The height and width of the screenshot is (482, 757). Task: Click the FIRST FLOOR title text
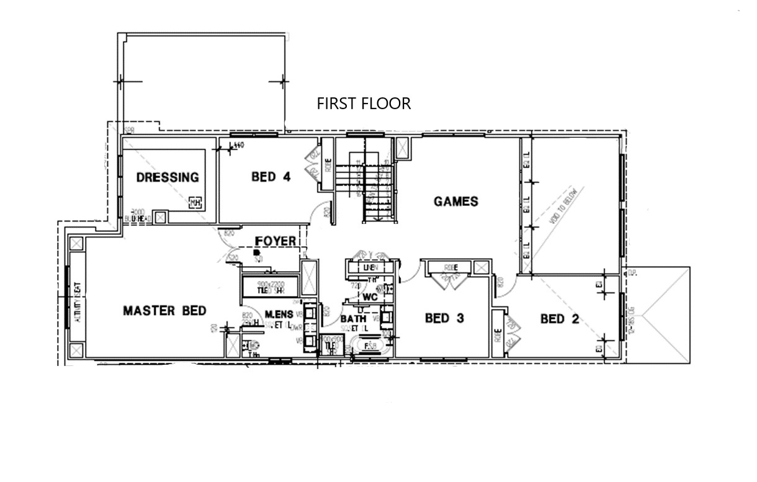click(364, 103)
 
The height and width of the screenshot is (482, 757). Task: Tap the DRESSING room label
click(168, 177)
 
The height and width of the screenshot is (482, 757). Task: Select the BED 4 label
click(271, 177)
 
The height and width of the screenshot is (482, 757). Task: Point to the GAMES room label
click(455, 201)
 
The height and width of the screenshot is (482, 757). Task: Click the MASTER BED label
click(164, 311)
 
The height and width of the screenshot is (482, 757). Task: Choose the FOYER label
click(275, 241)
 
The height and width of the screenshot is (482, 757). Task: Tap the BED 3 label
click(444, 318)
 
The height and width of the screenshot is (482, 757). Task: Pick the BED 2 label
click(559, 319)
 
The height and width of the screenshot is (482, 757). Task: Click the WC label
click(370, 297)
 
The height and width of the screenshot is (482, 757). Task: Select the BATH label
click(352, 319)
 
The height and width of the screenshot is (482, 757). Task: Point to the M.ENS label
click(279, 315)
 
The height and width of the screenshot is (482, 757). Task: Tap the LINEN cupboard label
click(370, 267)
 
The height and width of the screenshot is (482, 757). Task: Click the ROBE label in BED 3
click(450, 267)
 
